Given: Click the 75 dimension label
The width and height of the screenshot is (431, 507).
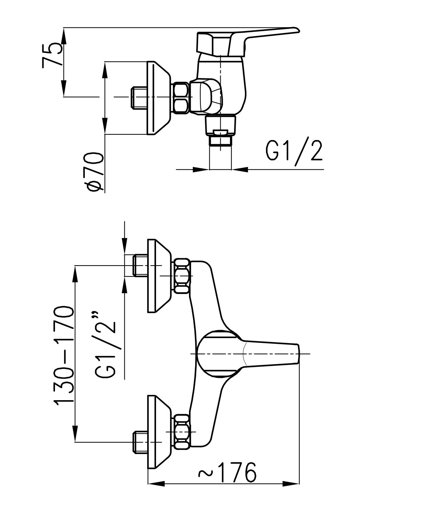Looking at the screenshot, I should click(52, 55).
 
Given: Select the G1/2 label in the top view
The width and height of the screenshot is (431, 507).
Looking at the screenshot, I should click(294, 151).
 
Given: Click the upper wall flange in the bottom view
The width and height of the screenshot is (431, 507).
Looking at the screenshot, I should click(158, 276).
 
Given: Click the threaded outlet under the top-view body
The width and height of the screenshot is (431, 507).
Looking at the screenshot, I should click(221, 141).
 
